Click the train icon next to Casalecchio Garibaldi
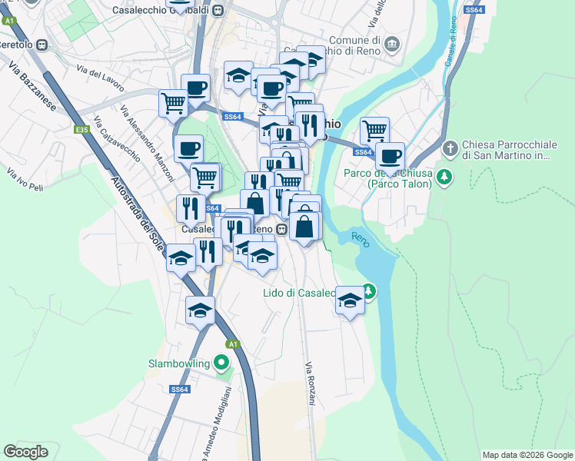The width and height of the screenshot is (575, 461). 218,11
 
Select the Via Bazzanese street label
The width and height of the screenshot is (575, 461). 32,87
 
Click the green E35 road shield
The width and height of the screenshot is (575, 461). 81,131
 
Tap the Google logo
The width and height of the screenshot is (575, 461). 25,452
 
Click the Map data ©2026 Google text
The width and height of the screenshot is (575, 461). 527,455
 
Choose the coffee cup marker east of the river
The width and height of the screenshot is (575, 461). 391,157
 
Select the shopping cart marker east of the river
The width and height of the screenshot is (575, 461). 374,131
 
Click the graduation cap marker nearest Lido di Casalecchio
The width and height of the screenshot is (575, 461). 350,301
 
